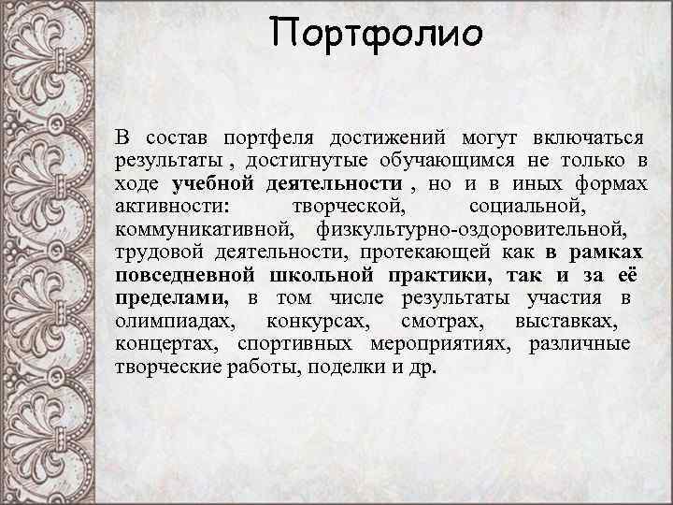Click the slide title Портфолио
pos(377,36)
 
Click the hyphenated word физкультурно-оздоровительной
pos(472,228)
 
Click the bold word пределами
pos(171,297)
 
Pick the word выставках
pos(565,321)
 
